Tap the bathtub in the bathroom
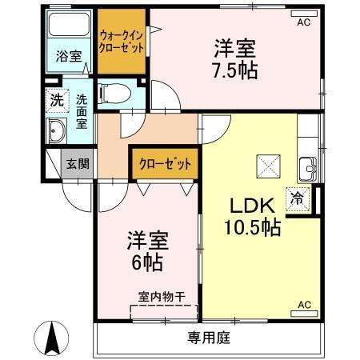coord(68,28)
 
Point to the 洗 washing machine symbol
coord(55,101)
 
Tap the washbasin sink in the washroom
coord(58,131)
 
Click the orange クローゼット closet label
coord(164,164)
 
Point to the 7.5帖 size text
coord(234,70)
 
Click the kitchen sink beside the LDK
coord(308,169)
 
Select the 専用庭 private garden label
coord(210,338)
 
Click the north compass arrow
coord(51,338)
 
